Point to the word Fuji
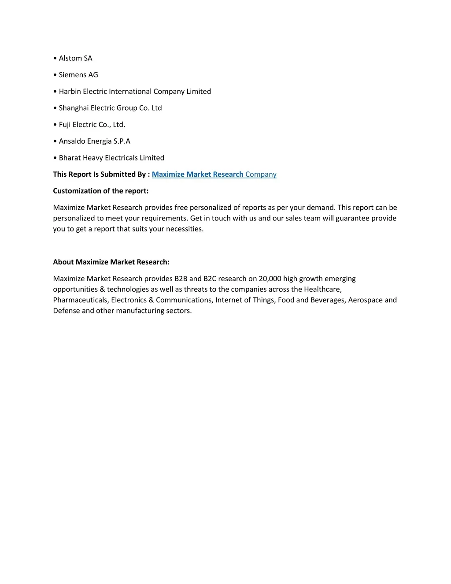[65, 125]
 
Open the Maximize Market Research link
[197, 175]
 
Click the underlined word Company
[261, 175]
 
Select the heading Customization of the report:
[101, 191]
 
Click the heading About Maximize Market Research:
[111, 262]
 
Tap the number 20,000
[270, 279]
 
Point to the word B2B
[181, 279]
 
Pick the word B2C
[210, 279]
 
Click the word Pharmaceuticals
[80, 300]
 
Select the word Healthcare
[322, 290]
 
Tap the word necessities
[184, 229]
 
